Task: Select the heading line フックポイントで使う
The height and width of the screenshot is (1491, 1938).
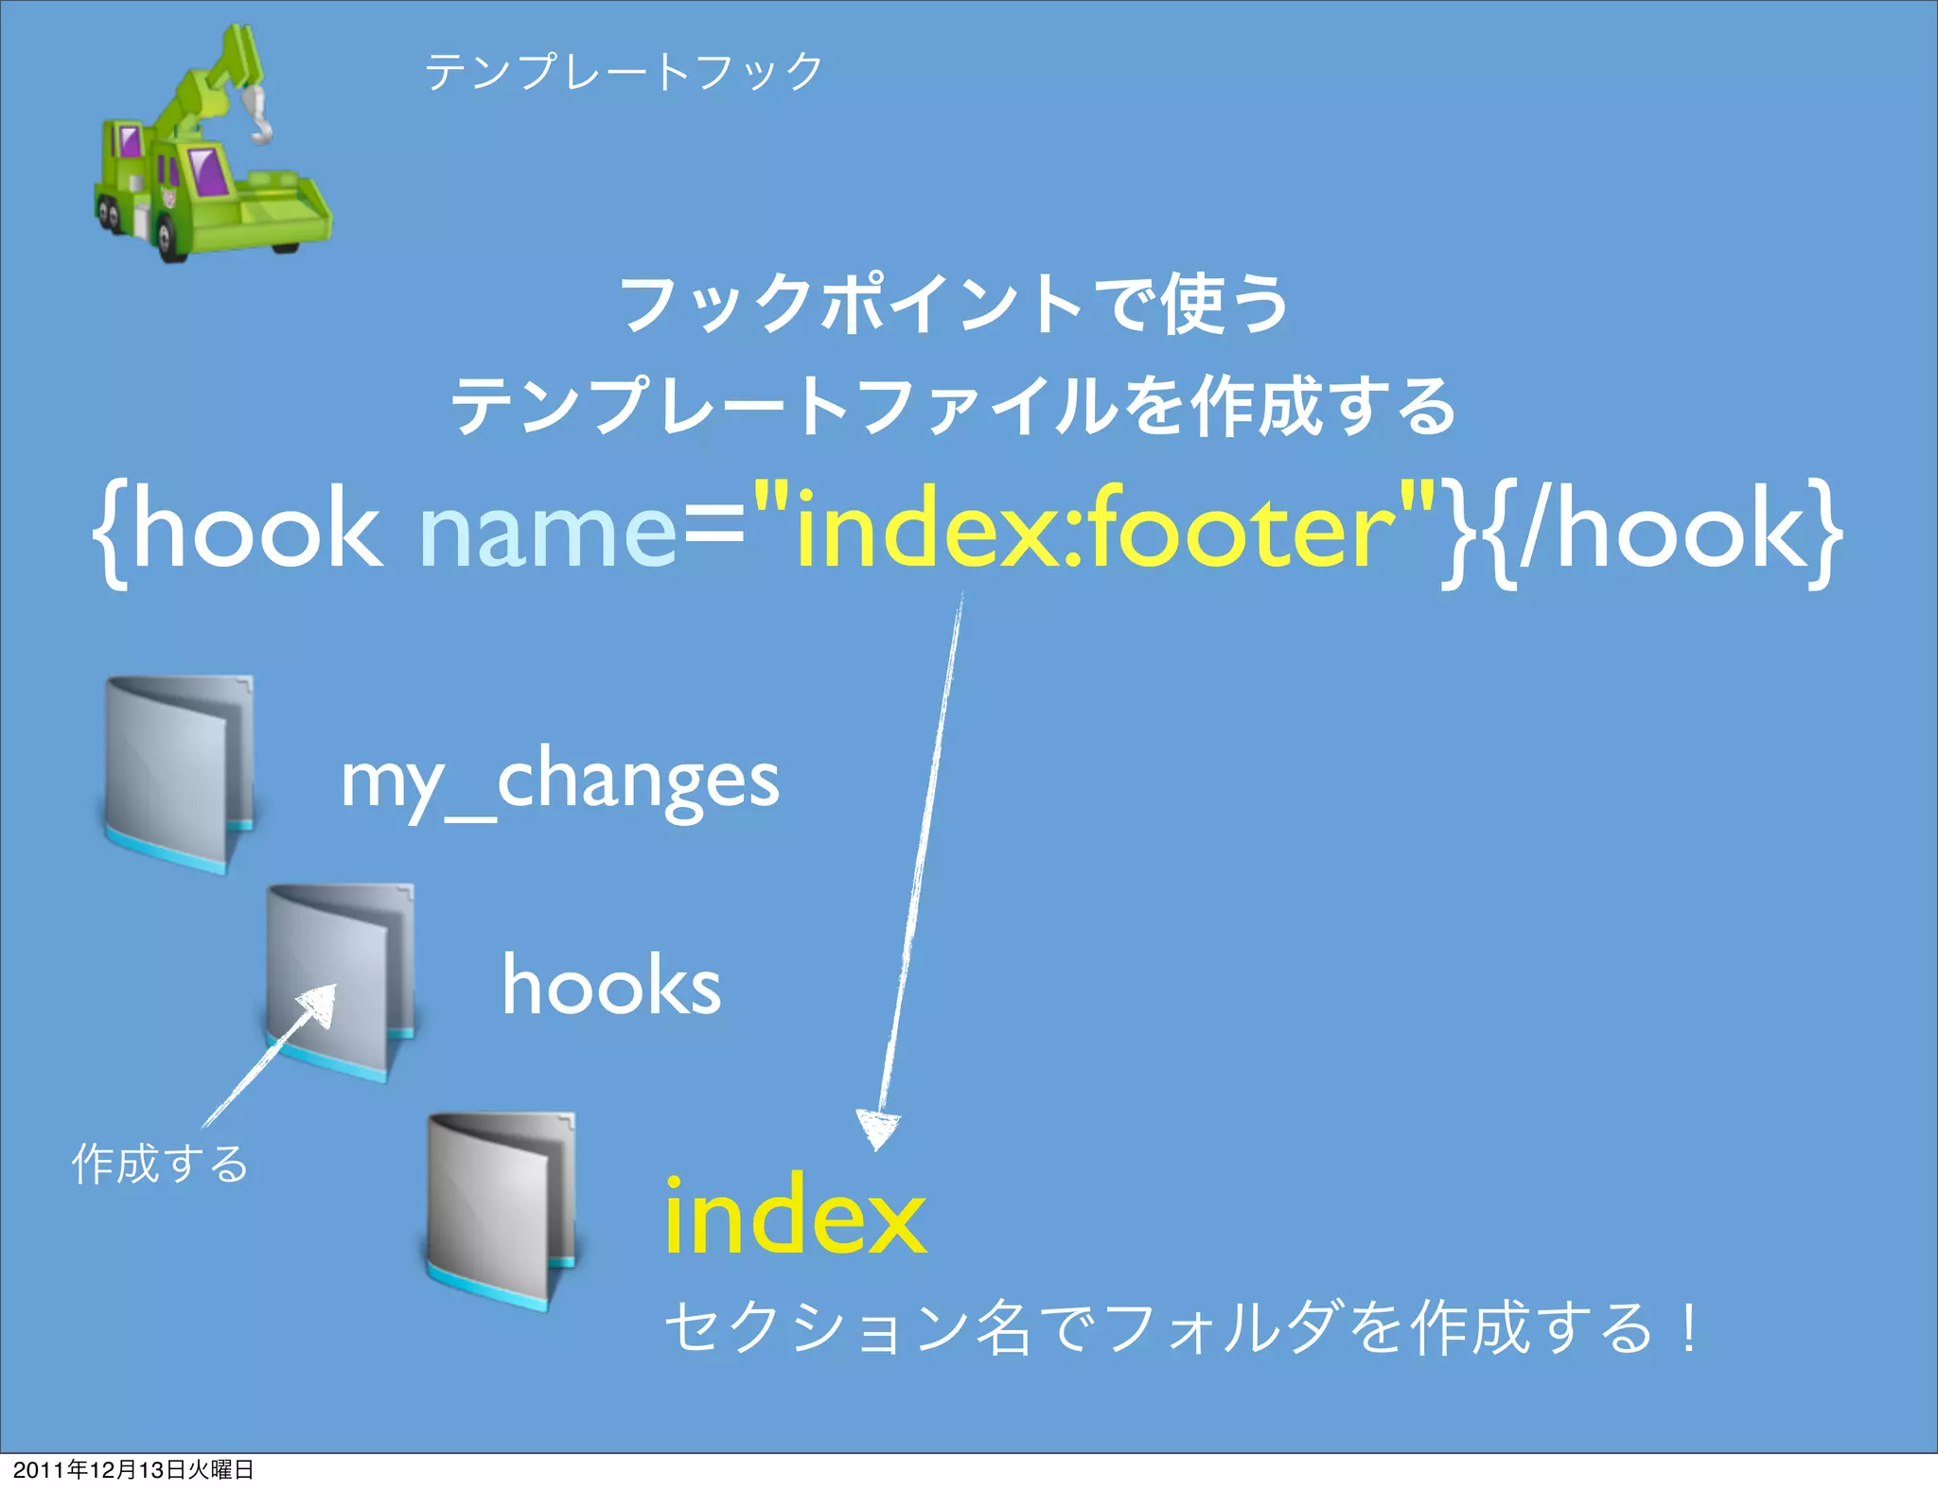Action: point(954,305)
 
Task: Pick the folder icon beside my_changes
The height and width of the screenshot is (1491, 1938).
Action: point(178,774)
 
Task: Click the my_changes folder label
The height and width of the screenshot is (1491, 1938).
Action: point(560,781)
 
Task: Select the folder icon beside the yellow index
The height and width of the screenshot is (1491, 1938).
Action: point(500,1211)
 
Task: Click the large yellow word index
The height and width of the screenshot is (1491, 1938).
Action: point(795,1215)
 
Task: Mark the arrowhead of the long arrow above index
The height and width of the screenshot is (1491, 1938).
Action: point(878,1130)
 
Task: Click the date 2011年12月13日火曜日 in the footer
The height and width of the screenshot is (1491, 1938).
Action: point(132,1469)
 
